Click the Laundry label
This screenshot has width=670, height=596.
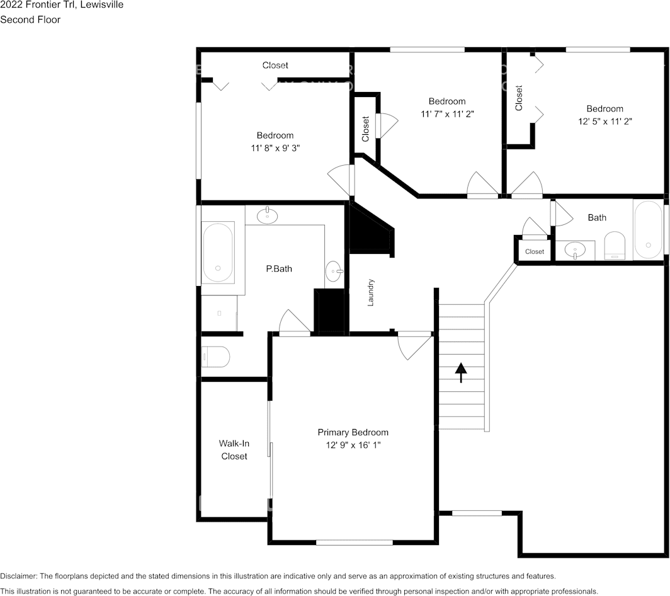tap(370, 292)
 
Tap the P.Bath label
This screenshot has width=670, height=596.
tap(279, 268)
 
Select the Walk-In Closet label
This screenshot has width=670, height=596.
tap(234, 450)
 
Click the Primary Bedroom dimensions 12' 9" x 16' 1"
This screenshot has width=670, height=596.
tap(353, 445)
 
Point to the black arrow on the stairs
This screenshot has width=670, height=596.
tap(461, 372)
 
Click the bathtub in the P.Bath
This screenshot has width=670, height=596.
tap(218, 252)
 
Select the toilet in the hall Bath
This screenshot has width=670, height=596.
tap(615, 246)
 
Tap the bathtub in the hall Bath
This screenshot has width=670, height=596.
tap(648, 229)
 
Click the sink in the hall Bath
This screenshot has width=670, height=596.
tap(575, 250)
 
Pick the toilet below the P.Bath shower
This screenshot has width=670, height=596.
tap(216, 357)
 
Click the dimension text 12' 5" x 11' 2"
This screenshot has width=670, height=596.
tap(605, 122)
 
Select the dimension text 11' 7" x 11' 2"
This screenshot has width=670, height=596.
tap(447, 114)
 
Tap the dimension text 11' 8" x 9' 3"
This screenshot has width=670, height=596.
tap(275, 148)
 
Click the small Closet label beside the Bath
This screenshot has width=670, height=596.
tap(535, 251)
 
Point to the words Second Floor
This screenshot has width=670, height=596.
tap(30, 20)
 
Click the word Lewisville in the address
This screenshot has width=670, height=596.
tap(102, 4)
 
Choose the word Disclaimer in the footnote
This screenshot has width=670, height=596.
tap(18, 576)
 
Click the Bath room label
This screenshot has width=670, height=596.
tap(597, 217)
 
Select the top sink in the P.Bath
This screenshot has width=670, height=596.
tap(268, 215)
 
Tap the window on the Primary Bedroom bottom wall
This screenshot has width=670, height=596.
tap(355, 542)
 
